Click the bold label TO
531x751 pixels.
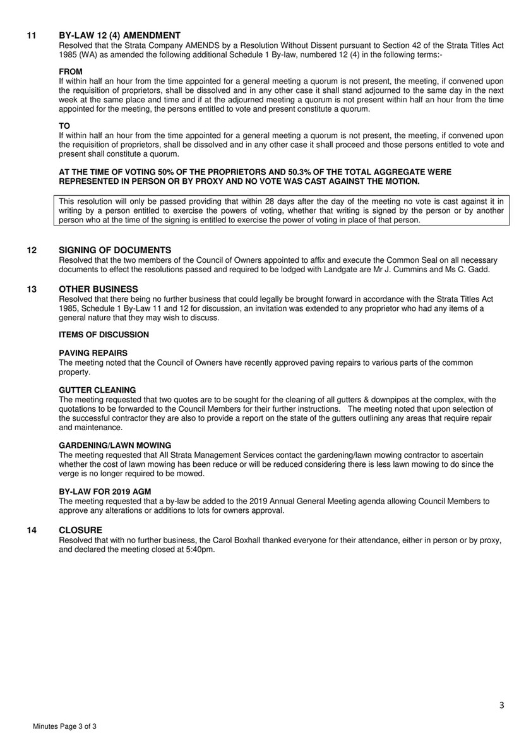pos(64,126)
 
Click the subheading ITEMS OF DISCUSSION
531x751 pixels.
pos(104,334)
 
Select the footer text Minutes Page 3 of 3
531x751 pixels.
pos(64,728)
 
